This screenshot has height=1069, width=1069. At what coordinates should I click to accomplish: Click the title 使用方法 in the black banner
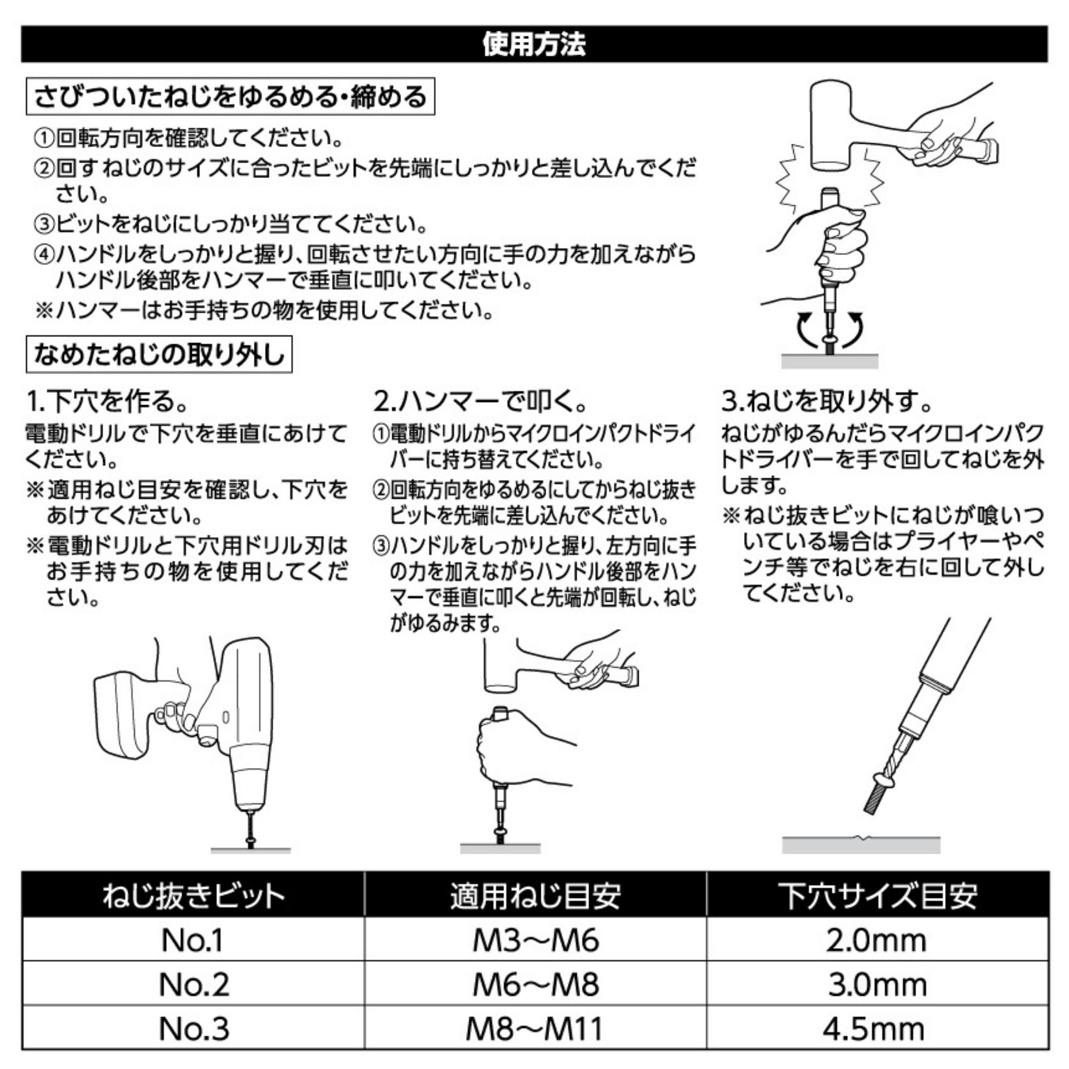pos(534,44)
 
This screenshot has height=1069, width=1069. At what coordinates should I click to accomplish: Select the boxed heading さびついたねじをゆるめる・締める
pos(230,97)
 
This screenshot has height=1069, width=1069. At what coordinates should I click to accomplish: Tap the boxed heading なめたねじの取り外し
pos(159,354)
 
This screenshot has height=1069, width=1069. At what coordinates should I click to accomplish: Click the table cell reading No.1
pos(192,940)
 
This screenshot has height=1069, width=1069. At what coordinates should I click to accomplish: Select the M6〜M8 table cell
pos(535,985)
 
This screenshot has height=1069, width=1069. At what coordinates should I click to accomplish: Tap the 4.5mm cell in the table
pos(877,1028)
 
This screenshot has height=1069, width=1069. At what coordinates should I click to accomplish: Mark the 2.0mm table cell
pos(877,940)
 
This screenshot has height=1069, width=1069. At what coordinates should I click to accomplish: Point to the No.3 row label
pos(193,1028)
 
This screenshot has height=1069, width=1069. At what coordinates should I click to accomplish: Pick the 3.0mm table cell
pos(878,985)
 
